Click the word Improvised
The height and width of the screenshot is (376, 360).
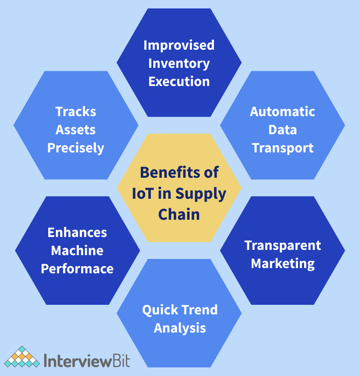point(179,45)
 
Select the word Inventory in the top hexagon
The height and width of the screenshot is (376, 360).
point(179,63)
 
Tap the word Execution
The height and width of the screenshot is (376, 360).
point(179,81)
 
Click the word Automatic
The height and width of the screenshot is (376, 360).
point(283,112)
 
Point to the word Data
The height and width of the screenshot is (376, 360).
point(283,129)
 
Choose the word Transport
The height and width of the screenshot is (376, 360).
point(283,148)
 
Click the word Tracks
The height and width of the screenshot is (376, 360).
point(75,112)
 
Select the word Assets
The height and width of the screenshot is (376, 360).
point(75,129)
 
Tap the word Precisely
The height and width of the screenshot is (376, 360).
point(75,148)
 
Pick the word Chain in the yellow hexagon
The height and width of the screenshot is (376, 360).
point(179,214)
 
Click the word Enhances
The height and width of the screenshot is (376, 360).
point(77,232)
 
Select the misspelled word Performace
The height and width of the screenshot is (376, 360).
point(77,269)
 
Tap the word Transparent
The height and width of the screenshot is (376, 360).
point(283,245)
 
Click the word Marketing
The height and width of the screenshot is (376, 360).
point(283,263)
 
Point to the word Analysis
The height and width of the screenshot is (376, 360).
point(180,328)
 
